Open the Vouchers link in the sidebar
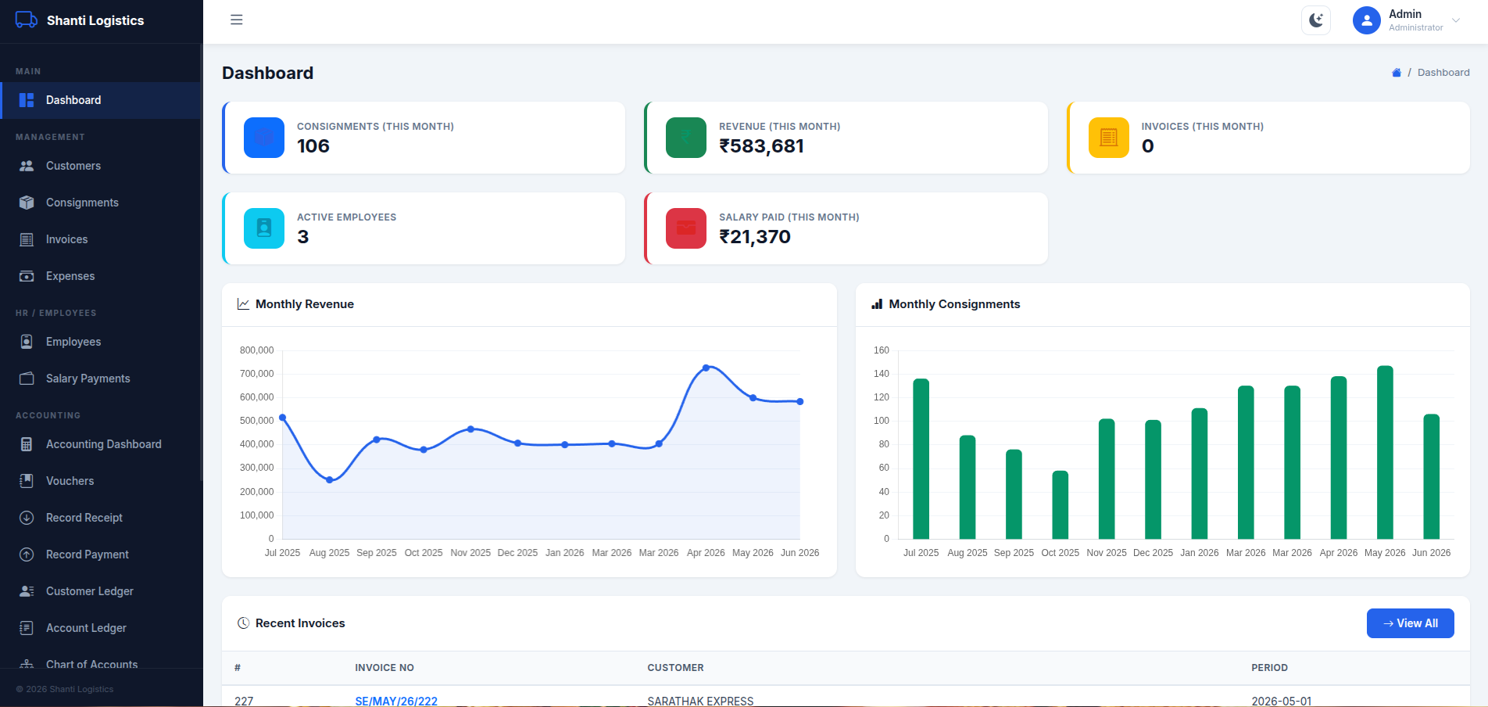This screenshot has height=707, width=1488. pyautogui.click(x=70, y=481)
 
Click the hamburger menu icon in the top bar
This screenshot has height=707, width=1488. pyautogui.click(x=237, y=20)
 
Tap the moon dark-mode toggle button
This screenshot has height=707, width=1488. pyautogui.click(x=1316, y=20)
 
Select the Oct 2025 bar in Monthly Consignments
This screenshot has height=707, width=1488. pyautogui.click(x=1060, y=504)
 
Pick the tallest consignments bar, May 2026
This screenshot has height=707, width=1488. pyautogui.click(x=1385, y=452)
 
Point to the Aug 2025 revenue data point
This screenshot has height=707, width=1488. pyautogui.click(x=330, y=479)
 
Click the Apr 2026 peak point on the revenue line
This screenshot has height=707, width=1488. pyautogui.click(x=706, y=368)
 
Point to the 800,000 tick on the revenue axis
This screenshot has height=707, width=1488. pyautogui.click(x=256, y=350)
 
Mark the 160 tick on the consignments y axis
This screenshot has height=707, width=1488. pyautogui.click(x=881, y=350)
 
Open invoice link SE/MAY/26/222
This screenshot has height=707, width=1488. pyautogui.click(x=396, y=701)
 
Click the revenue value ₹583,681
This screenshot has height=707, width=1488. pyautogui.click(x=761, y=146)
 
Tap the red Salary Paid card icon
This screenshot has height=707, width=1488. pyautogui.click(x=686, y=228)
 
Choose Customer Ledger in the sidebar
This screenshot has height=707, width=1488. pyautogui.click(x=89, y=591)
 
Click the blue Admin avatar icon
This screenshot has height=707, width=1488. pyautogui.click(x=1366, y=20)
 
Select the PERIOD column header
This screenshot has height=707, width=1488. pyautogui.click(x=1269, y=668)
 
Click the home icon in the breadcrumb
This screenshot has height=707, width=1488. pyautogui.click(x=1397, y=73)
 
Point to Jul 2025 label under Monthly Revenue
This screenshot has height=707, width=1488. pyautogui.click(x=282, y=553)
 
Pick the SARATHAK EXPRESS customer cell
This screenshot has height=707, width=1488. pyautogui.click(x=700, y=701)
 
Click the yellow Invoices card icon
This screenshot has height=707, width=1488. pyautogui.click(x=1109, y=138)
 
